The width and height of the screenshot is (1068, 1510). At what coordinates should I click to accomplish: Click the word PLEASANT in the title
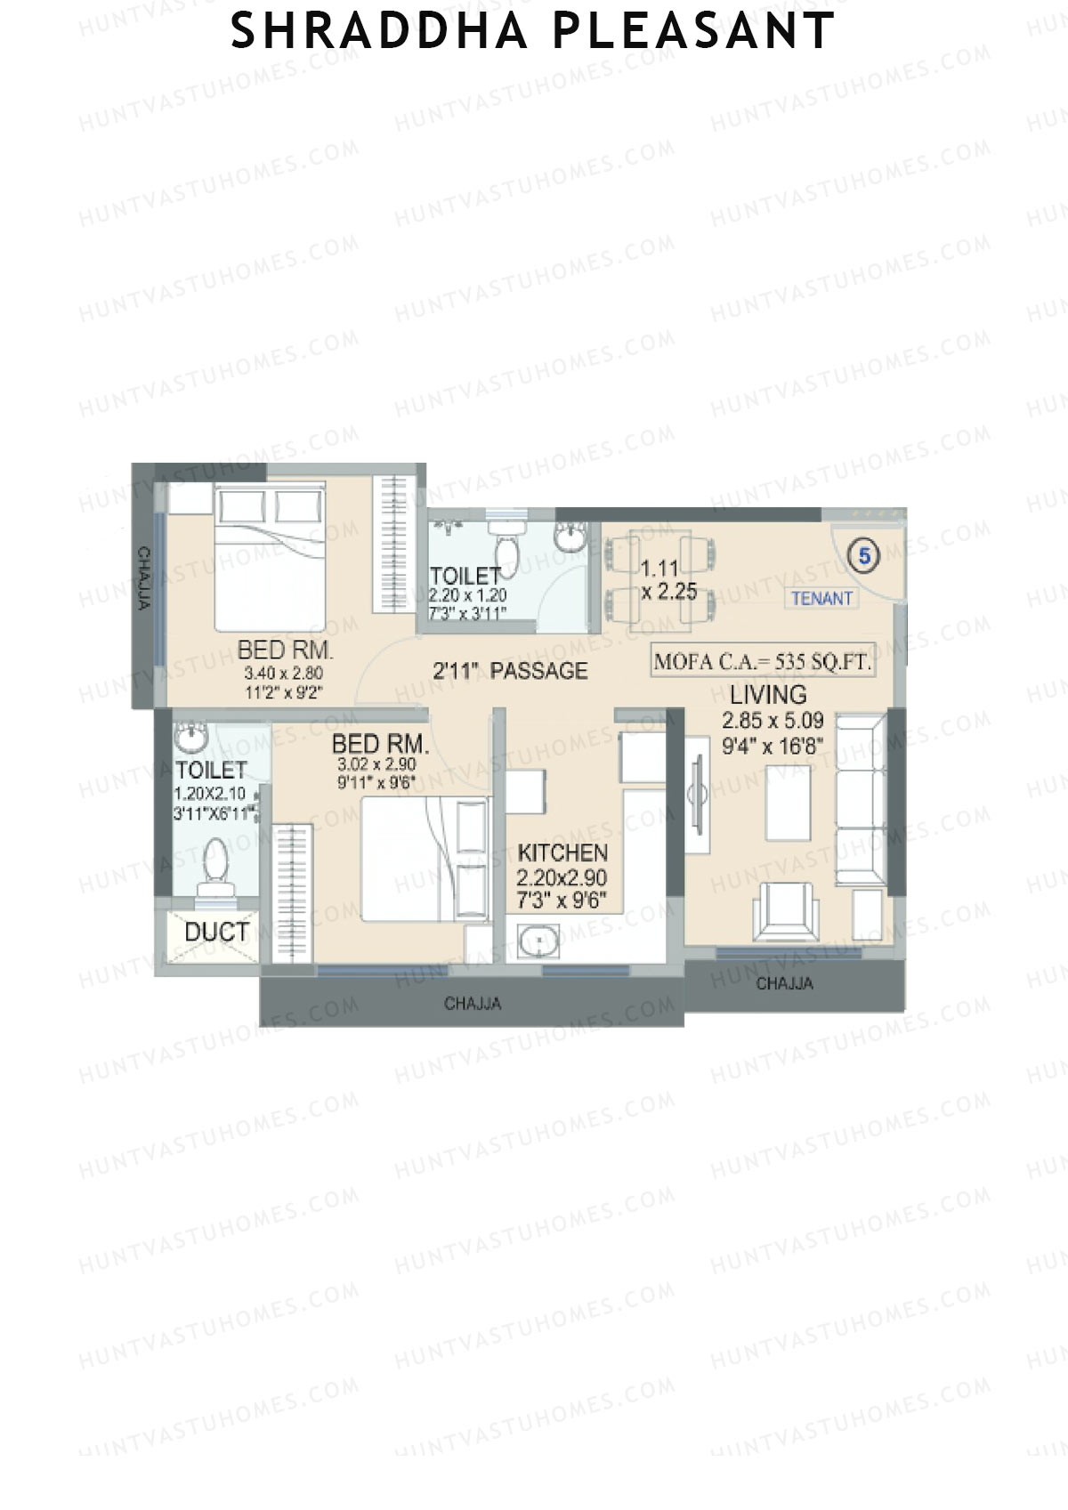693,31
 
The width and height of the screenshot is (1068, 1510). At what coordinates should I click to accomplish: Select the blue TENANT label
821,599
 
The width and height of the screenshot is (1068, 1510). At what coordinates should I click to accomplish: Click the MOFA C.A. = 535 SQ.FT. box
762,661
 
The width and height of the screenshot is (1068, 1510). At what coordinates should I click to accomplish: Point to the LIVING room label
768,694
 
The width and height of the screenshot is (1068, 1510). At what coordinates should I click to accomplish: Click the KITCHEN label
562,852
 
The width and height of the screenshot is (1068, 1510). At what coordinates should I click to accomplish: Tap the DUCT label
216,933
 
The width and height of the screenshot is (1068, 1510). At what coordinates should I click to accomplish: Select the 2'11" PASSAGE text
510,671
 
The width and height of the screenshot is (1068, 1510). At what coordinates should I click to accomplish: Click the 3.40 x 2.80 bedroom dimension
283,674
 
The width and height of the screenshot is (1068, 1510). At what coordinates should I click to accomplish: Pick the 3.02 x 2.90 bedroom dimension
376,764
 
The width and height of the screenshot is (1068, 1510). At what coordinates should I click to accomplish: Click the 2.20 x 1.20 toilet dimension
467,595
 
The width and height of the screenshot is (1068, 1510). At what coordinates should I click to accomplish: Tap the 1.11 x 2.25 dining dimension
668,580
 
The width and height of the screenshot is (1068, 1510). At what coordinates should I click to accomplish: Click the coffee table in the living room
789,803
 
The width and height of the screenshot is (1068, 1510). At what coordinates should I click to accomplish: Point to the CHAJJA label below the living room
784,983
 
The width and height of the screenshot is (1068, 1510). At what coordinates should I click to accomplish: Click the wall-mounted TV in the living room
697,792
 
